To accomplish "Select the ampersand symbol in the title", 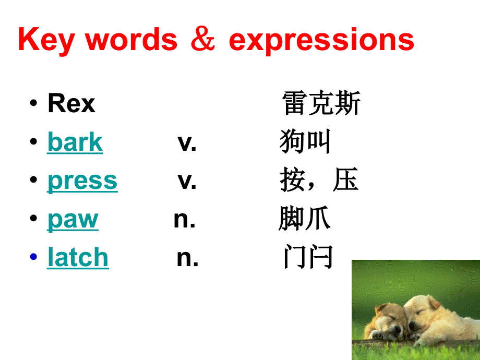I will click(203, 40).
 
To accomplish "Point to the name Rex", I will click(71, 103).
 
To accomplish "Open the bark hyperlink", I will click(75, 142).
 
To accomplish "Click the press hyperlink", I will click(82, 181).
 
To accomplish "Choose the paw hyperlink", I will click(73, 220).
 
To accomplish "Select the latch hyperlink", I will click(78, 258).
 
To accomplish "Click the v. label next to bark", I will click(187, 142).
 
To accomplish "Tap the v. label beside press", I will click(187, 181).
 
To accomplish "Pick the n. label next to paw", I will click(184, 220).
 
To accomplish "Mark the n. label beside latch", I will click(187, 258).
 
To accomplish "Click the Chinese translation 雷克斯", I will click(321, 103).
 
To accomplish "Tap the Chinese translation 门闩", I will click(308, 258).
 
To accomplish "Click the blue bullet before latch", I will click(34, 257).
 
